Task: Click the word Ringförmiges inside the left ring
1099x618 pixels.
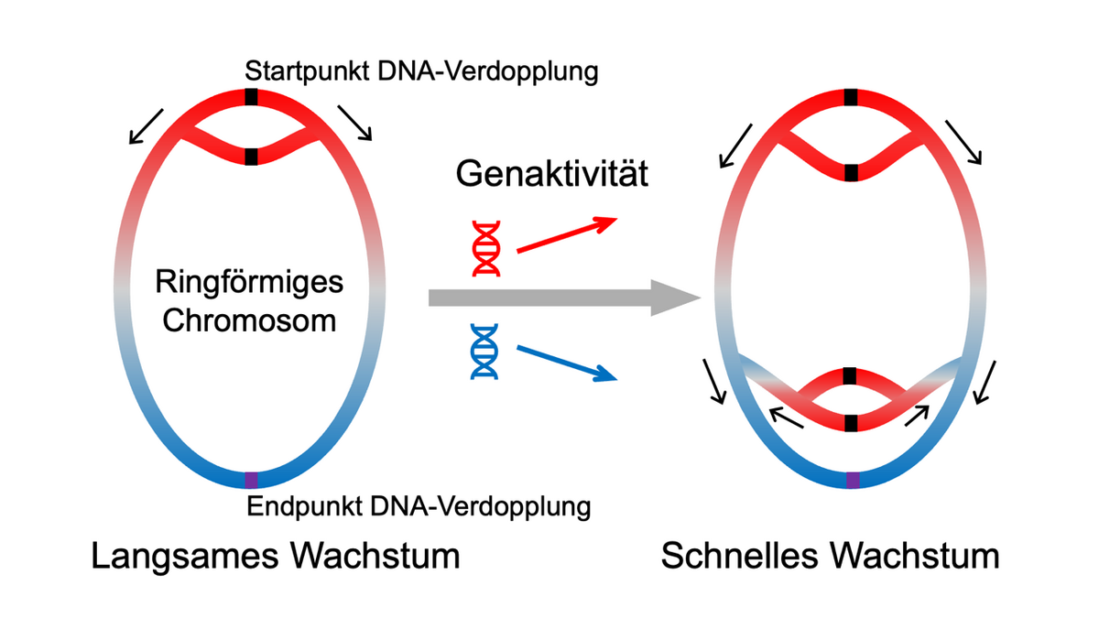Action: click(x=249, y=281)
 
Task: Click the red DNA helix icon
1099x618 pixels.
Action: click(x=484, y=247)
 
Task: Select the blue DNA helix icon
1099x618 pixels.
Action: click(x=484, y=352)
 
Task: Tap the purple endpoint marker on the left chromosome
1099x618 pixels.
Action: click(x=252, y=479)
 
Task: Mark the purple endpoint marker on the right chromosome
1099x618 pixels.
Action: click(x=852, y=480)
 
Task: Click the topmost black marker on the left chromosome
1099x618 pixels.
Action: click(x=252, y=97)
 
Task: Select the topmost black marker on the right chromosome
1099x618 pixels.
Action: click(x=852, y=97)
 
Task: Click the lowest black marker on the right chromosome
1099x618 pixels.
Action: click(x=852, y=422)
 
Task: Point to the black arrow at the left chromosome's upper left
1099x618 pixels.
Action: click(x=147, y=125)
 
